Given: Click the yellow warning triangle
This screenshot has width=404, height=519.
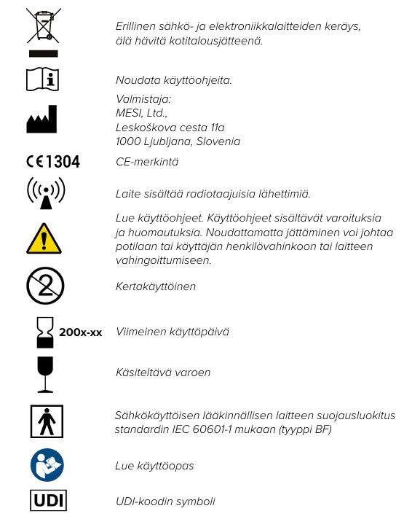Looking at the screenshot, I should point(45,237).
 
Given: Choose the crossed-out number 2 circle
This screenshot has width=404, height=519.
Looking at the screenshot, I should point(45,286).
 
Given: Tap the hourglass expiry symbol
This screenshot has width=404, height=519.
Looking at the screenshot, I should point(45,332).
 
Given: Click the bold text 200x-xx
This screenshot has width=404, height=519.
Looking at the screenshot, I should point(80,332).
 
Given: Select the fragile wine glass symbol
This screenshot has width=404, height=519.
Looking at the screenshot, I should point(45,372).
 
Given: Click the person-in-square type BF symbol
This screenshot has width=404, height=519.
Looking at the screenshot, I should point(45,421).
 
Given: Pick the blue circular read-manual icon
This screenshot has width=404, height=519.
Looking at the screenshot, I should point(45,464).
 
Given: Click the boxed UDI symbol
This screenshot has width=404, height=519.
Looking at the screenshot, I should point(45,502).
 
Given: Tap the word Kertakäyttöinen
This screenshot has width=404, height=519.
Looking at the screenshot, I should point(156,286).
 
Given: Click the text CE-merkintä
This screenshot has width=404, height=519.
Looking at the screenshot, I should point(147,162).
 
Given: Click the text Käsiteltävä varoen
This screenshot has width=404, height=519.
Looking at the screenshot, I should point(163,372).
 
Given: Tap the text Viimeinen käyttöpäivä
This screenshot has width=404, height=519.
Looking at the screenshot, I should point(173,332).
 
